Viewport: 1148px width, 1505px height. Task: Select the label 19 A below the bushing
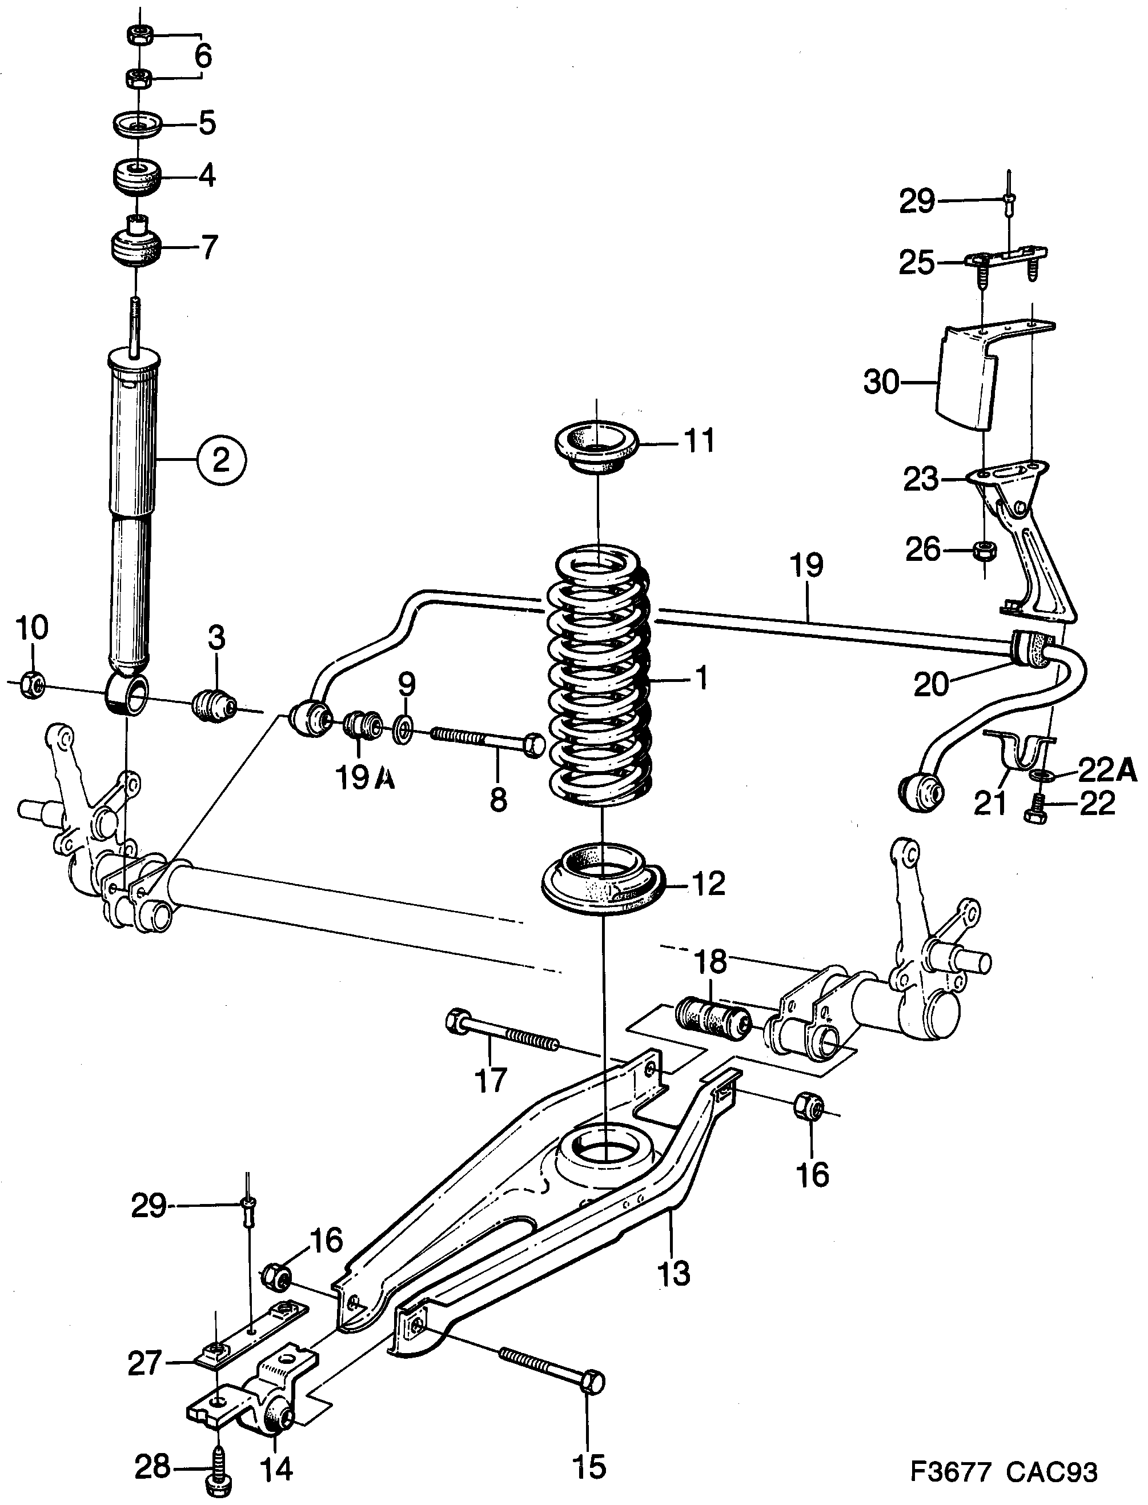(366, 778)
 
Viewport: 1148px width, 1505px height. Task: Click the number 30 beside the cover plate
(881, 383)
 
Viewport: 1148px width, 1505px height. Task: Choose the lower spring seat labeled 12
(601, 882)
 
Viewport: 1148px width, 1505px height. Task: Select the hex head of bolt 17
(456, 1021)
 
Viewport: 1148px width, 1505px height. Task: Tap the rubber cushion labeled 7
(135, 248)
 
